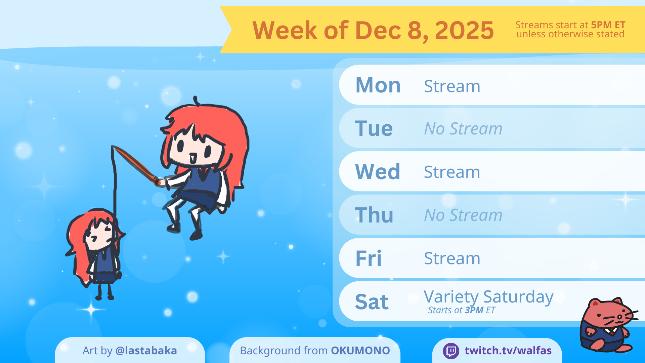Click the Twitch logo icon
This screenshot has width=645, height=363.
coord(451,351)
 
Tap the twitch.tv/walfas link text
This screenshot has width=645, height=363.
coord(508,351)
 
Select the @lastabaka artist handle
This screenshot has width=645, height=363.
coord(146,351)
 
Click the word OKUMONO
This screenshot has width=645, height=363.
coord(360,351)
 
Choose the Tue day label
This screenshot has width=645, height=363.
coord(374,128)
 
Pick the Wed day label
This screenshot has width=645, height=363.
coord(378,172)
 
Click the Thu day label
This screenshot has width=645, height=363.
coord(374,215)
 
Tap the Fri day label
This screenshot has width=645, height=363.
coord(369,258)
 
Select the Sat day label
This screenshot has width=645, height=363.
coord(372,302)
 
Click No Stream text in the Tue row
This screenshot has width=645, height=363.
coord(463,128)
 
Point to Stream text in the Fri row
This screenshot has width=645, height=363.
coord(452,258)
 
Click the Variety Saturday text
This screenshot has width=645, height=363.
coord(488,297)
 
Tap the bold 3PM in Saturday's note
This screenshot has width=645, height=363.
coord(474,310)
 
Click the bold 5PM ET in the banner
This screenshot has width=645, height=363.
coord(608,25)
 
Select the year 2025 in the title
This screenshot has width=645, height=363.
coord(464,30)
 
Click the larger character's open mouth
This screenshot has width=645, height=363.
coord(193,158)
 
